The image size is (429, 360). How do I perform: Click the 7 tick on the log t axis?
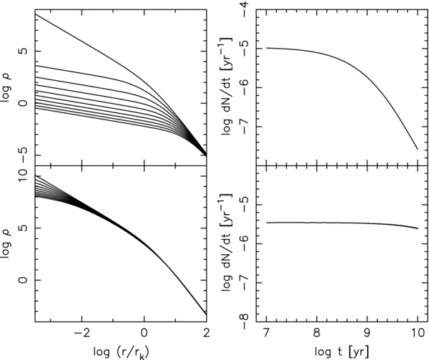pyautogui.click(x=267, y=333)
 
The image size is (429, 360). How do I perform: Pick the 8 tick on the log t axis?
pyautogui.click(x=317, y=333)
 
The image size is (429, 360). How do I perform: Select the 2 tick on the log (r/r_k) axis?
pyautogui.click(x=206, y=333)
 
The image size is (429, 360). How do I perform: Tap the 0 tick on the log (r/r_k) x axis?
pyautogui.click(x=144, y=333)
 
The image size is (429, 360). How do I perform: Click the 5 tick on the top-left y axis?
pyautogui.click(x=24, y=52)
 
